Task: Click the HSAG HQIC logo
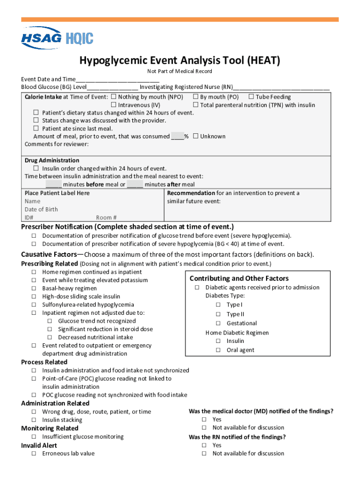(57, 38)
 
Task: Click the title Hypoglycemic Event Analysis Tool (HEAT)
(180, 60)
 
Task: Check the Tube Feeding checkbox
(251, 97)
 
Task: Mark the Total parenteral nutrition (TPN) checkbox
(195, 105)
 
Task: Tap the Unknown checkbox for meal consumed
(195, 136)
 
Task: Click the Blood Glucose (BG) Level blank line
(112, 87)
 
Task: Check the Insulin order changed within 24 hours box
(36, 168)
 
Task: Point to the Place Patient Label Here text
(57, 193)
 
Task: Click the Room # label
(106, 218)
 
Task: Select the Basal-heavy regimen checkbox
(34, 288)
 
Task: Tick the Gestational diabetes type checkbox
(218, 323)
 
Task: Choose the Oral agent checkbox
(218, 350)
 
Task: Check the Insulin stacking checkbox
(34, 420)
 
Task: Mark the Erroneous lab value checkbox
(34, 453)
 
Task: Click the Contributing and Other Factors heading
(239, 278)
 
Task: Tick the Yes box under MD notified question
(204, 419)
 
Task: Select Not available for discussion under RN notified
(204, 453)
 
